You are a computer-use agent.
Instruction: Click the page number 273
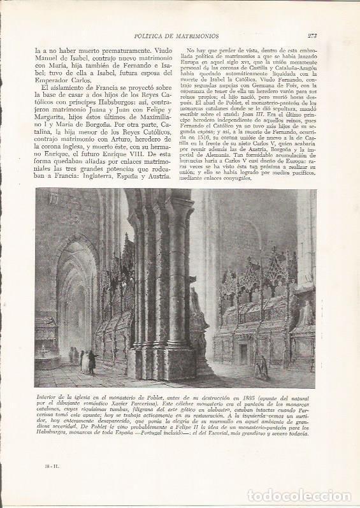[312, 36]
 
